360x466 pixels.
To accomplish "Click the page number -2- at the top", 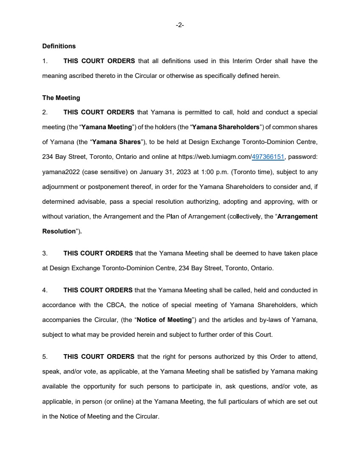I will click(180, 25).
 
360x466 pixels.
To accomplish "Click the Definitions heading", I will click(59, 46).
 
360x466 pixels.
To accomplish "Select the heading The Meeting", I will click(61, 98).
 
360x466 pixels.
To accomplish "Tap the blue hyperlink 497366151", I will click(268, 157).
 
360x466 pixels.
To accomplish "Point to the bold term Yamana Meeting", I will click(106, 127).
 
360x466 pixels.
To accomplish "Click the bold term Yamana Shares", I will click(116, 142).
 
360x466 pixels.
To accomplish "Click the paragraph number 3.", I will click(45, 253).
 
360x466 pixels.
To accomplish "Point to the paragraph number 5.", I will click(45, 357).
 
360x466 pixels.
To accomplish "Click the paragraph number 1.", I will click(45, 61).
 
